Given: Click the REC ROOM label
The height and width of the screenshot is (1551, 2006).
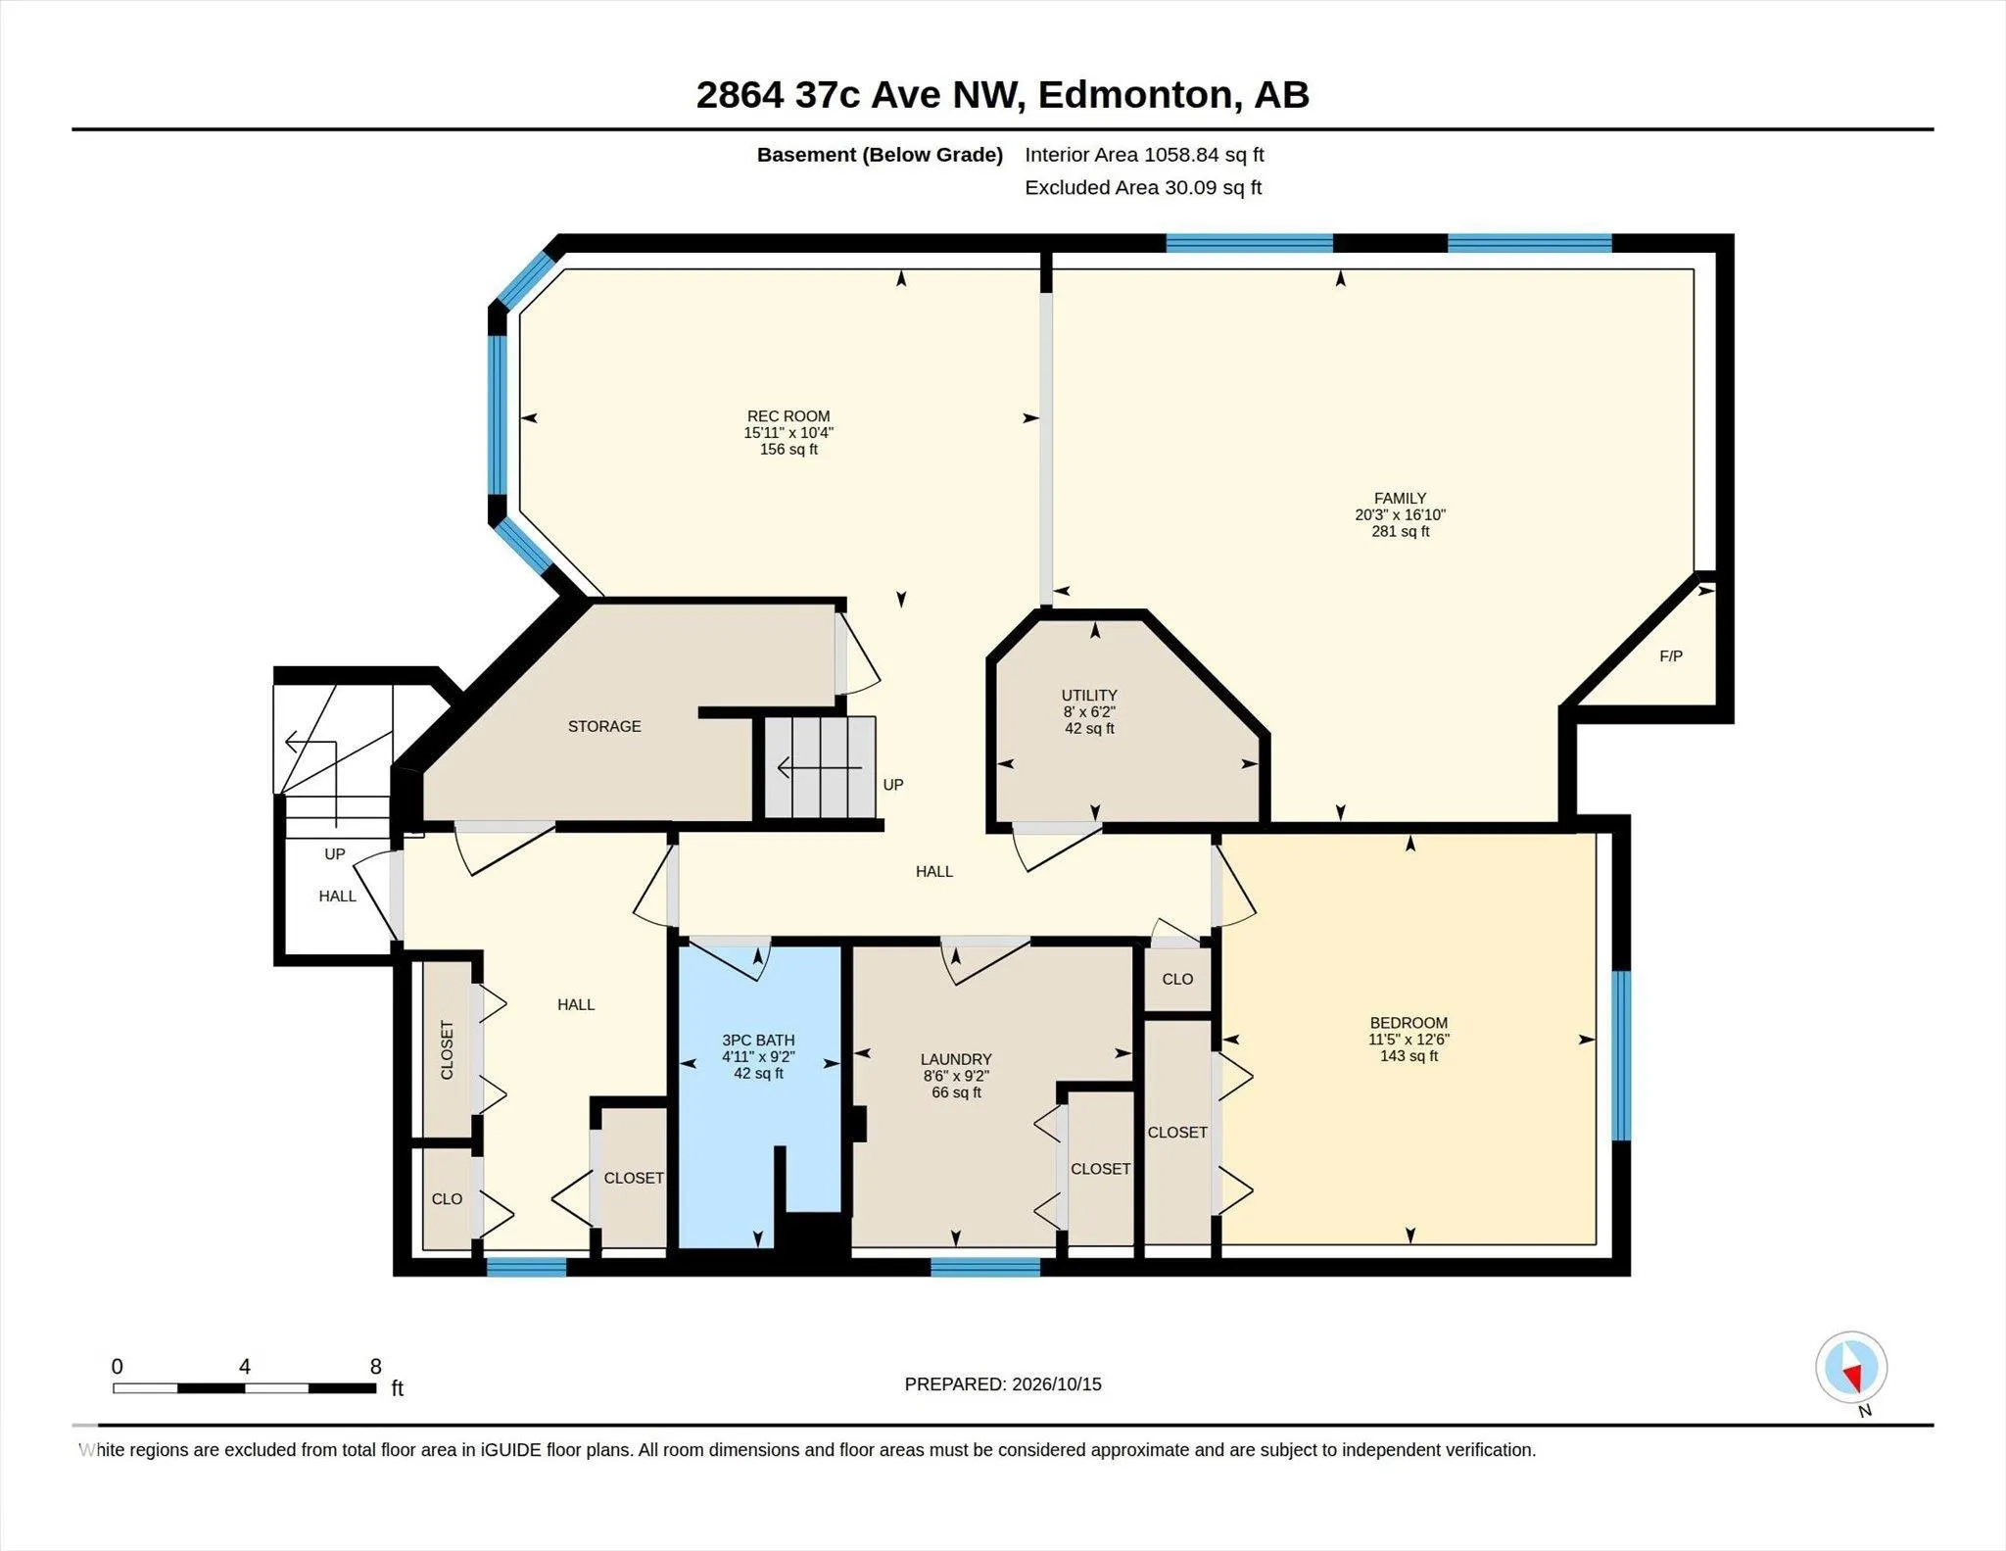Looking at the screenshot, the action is pos(788,416).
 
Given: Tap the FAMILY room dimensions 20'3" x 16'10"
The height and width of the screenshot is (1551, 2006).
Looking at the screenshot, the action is pos(1401,514).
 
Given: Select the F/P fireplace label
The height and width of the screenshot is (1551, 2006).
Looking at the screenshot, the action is pos(1671,656).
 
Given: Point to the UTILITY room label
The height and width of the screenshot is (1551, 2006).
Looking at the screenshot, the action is pos(1089,696).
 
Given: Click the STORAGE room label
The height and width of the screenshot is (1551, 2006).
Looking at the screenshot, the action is pos(604,726).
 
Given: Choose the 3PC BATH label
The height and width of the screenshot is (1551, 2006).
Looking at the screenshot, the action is pos(758,1041).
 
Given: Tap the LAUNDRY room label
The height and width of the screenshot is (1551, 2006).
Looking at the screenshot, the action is pos(956,1059).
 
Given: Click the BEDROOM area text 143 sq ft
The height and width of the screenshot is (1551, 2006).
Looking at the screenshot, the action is pos(1409,1056).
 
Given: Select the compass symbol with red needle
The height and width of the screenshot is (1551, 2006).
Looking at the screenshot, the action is pos(1851,1368).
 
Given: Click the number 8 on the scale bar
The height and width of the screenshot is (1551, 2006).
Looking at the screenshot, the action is pos(375,1367).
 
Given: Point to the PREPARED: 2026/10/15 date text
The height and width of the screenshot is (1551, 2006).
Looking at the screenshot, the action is pos(1003,1384).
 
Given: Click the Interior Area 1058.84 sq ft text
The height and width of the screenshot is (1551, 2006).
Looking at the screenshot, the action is pos(1144,155).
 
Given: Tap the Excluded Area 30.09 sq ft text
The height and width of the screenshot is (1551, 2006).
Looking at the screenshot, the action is pos(1143,187).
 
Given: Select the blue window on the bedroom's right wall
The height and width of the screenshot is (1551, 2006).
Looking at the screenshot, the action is pos(1621,1055).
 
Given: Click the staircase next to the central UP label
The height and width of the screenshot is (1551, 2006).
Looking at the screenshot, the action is pos(820,767).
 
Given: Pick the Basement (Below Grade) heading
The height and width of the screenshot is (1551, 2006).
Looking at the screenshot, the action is pos(880,155).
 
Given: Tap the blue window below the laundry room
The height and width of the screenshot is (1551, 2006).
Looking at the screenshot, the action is pos(984,1267).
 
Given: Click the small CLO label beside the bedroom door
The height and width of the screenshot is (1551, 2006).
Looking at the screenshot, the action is pos(1177,979).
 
